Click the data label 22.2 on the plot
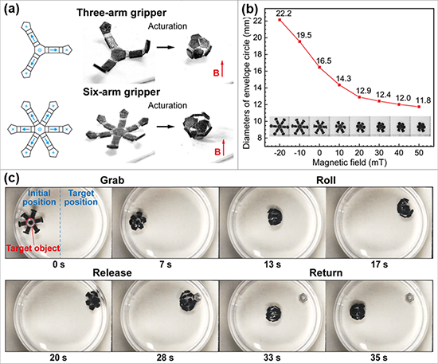click(284, 13)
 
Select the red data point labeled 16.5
click(319, 68)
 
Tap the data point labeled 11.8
click(419, 107)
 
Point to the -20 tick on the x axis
click(280, 153)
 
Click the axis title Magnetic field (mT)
click(350, 162)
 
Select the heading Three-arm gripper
click(122, 13)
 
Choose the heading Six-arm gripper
click(122, 92)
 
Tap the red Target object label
click(33, 248)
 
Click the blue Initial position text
click(39, 198)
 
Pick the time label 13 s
click(272, 264)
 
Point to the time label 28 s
click(165, 358)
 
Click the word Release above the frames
click(112, 272)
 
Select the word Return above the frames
click(326, 272)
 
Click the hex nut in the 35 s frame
click(409, 298)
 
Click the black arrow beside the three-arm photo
click(166, 47)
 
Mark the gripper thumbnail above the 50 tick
click(421, 127)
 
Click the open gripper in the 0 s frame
click(30, 223)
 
